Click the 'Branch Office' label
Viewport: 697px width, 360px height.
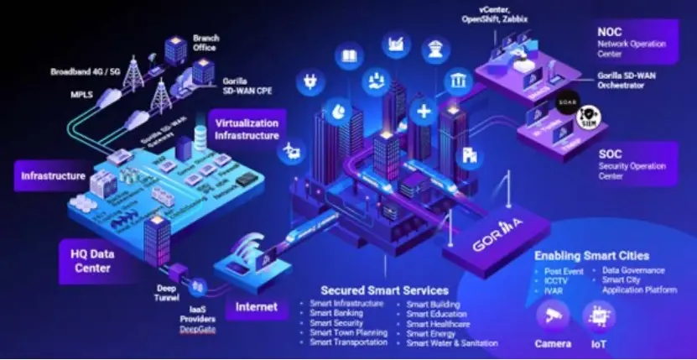[x=206, y=43]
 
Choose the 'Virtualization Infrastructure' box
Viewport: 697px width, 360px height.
[x=244, y=129]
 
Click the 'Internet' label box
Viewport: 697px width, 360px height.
[x=256, y=306]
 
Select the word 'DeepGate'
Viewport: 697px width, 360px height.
[x=197, y=331]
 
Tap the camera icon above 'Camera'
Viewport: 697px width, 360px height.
[x=554, y=318]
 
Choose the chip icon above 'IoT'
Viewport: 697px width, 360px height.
[x=599, y=318]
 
